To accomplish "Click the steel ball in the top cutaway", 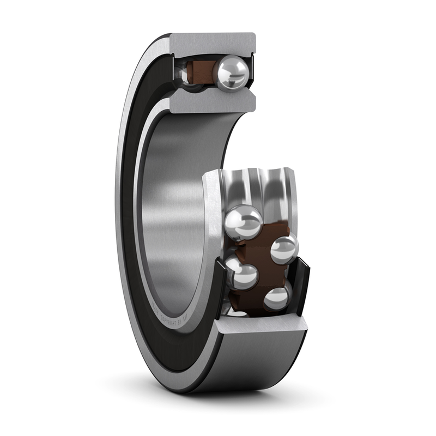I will pyautogui.click(x=231, y=74).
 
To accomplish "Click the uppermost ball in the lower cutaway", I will pyautogui.click(x=244, y=222).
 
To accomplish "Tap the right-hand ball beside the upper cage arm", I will pyautogui.click(x=284, y=249).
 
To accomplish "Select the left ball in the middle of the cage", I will pyautogui.click(x=243, y=274).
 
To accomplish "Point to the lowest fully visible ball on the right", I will pyautogui.click(x=277, y=298).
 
